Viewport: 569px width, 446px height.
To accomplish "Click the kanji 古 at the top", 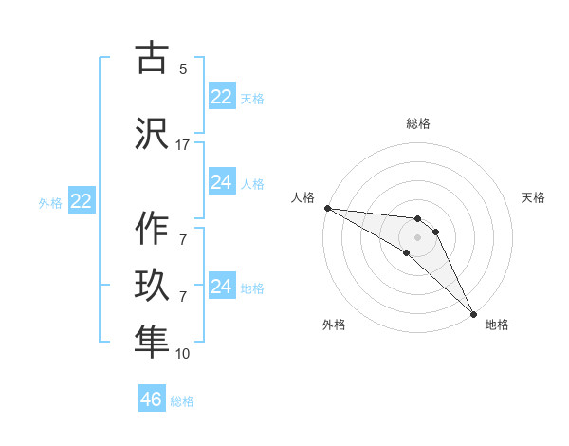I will tap(152, 59).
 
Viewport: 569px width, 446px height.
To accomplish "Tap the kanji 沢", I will tap(152, 132).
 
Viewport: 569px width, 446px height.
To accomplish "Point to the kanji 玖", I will tap(152, 286).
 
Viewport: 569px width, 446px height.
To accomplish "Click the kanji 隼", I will tap(152, 341).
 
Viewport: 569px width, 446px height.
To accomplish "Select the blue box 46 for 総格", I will tap(152, 400).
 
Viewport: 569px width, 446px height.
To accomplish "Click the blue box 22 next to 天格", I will tap(222, 97).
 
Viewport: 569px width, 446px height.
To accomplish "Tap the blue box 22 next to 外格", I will tap(82, 201).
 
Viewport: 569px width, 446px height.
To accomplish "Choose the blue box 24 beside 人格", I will tap(222, 182).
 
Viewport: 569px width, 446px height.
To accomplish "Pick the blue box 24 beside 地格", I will tap(222, 287).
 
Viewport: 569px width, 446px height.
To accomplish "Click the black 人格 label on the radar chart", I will tap(303, 197).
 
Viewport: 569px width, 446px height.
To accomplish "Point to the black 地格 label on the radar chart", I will tap(497, 325).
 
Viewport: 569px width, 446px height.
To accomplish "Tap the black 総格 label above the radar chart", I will tap(418, 123).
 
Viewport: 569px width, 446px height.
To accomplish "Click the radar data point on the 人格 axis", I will tap(327, 208).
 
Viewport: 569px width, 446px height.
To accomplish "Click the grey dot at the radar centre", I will tap(417, 237).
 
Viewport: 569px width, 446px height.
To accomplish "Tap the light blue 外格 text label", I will tap(50, 202).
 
